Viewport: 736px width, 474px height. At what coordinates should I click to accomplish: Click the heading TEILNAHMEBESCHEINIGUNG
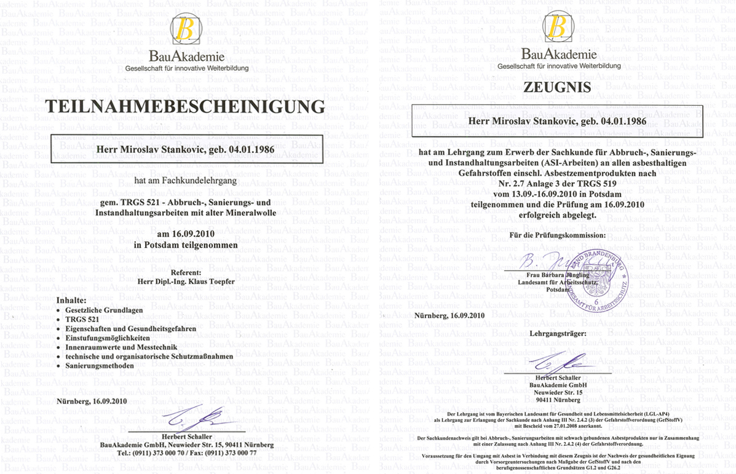click(185, 107)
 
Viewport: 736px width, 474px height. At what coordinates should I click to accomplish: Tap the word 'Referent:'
click(186, 271)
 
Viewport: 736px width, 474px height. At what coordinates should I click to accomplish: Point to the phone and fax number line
click(186, 452)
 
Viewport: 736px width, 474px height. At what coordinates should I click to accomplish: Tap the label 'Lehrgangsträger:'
click(558, 333)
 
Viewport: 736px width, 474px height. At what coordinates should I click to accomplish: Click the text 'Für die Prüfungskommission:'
click(558, 235)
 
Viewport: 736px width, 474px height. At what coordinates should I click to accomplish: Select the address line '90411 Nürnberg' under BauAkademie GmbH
click(558, 400)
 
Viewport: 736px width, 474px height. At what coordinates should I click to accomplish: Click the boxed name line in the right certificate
click(557, 121)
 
